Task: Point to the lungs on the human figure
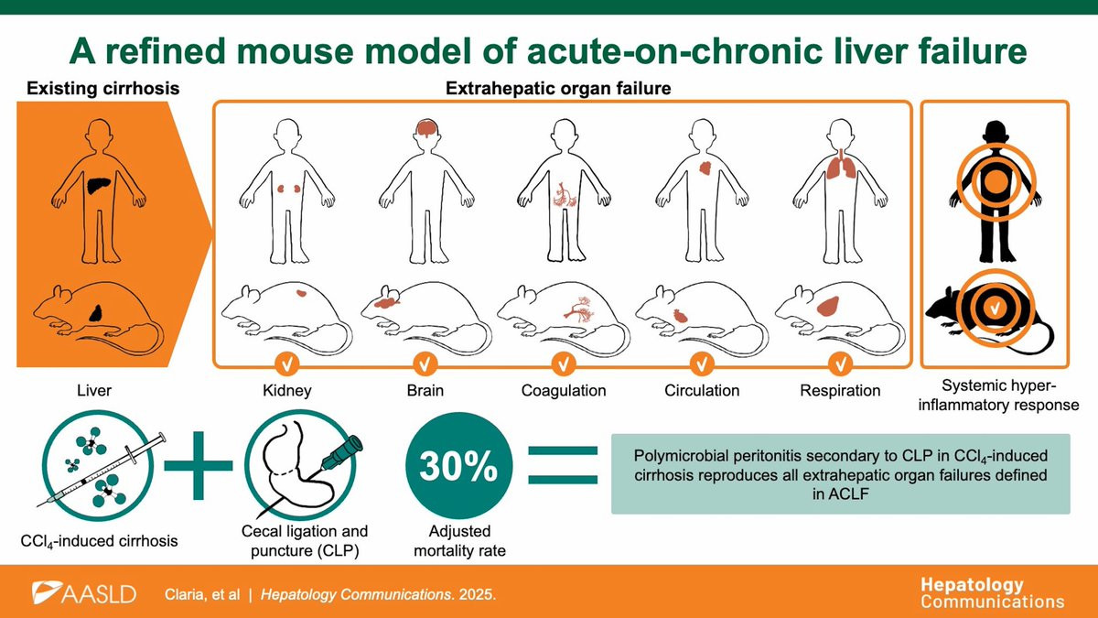[x=839, y=165]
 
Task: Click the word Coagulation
[x=564, y=391]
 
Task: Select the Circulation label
[x=702, y=391]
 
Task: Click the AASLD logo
[x=84, y=592]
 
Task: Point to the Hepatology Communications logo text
[x=992, y=592]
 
